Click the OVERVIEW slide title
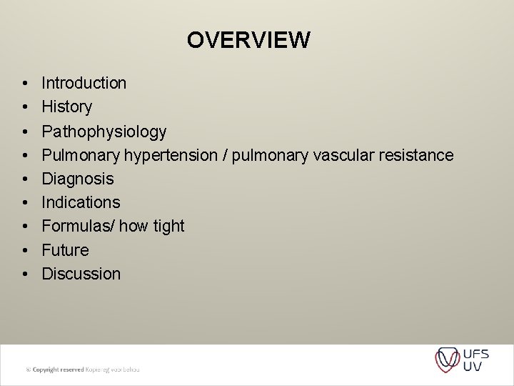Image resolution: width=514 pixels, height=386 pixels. click(x=248, y=40)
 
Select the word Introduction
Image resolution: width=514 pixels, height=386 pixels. click(x=84, y=83)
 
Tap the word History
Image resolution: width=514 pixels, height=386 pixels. click(x=67, y=107)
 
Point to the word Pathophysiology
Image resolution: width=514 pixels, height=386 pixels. click(x=104, y=132)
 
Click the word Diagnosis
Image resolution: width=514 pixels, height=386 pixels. click(x=78, y=179)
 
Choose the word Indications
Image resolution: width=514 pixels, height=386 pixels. click(x=81, y=202)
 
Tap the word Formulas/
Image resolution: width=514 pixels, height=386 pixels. click(x=79, y=227)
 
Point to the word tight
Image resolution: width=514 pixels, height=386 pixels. click(x=168, y=227)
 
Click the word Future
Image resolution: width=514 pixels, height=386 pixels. click(x=66, y=250)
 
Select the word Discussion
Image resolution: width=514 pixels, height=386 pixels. click(x=81, y=274)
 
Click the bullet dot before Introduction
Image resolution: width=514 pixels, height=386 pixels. click(x=24, y=84)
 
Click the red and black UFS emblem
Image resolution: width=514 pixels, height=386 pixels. click(x=448, y=360)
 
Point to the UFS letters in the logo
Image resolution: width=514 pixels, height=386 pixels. click(x=475, y=353)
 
